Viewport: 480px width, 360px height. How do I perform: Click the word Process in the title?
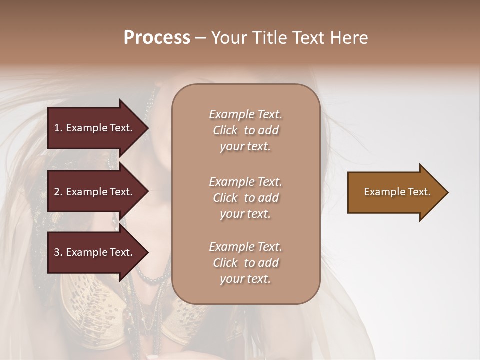click(x=157, y=38)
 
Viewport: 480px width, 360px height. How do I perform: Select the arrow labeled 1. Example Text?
click(x=95, y=128)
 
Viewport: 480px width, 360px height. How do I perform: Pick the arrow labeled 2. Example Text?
click(x=95, y=192)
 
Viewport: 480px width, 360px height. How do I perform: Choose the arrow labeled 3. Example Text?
click(x=95, y=252)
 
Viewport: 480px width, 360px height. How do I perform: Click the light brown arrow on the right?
click(x=395, y=192)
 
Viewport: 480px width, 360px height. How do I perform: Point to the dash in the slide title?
click(x=201, y=38)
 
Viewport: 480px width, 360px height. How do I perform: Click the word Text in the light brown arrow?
click(x=419, y=192)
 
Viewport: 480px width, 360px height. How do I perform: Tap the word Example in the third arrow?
click(x=87, y=252)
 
